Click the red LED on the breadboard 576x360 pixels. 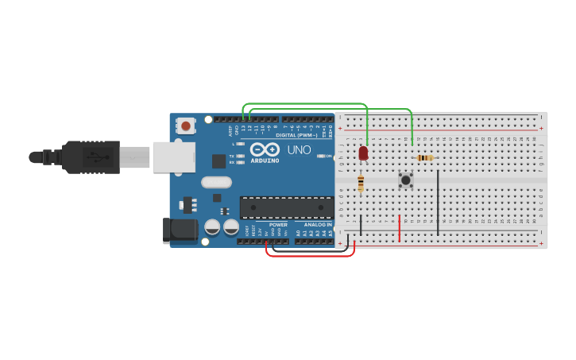363,153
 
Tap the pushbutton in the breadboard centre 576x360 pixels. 406,180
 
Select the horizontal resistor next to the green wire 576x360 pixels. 426,157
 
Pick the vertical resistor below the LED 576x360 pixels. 361,184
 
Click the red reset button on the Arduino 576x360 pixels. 186,126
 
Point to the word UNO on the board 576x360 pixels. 299,149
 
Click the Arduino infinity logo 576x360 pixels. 265,149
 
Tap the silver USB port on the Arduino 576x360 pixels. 173,157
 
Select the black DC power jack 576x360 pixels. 180,230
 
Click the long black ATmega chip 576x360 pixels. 287,207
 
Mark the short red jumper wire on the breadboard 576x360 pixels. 399,227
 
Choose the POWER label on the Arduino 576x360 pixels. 278,224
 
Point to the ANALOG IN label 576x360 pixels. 317,224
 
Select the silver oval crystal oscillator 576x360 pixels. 215,182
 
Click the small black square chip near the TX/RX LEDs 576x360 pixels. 218,161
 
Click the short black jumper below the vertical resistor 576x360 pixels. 361,224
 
